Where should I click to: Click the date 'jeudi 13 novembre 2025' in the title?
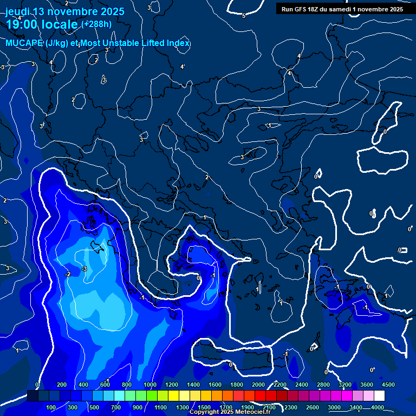point(64,11)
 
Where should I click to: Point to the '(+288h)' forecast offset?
point(96,24)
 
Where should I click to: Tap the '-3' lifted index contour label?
point(84,269)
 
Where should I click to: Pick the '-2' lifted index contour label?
point(68,274)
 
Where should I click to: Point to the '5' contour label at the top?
point(244,16)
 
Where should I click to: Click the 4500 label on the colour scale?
point(388,385)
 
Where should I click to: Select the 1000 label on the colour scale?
point(149,385)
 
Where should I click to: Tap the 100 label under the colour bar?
point(51,407)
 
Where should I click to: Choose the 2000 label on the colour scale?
point(258,385)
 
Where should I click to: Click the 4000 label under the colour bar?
point(378,407)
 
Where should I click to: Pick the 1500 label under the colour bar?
point(204,407)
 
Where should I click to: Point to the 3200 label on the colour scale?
point(344,385)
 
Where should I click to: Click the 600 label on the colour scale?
point(105,385)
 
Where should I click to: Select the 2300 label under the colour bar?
point(291,407)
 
